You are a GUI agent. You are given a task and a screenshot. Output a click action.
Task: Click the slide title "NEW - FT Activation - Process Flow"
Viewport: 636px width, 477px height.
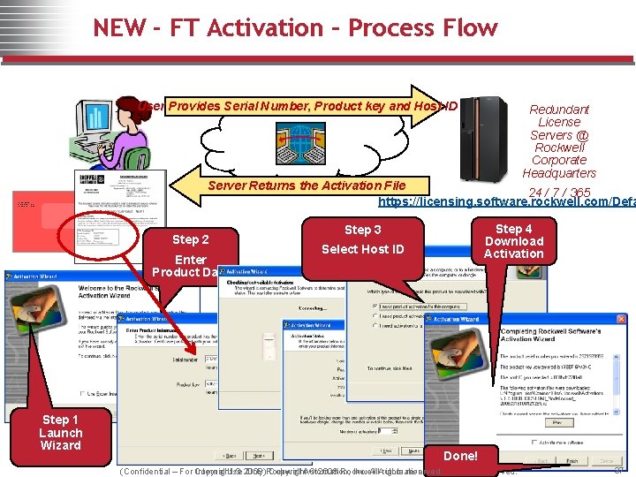tap(295, 27)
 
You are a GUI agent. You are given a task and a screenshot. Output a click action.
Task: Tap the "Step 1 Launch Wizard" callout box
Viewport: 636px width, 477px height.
tap(61, 433)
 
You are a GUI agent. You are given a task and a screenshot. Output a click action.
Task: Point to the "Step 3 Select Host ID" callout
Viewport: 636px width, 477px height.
tap(363, 240)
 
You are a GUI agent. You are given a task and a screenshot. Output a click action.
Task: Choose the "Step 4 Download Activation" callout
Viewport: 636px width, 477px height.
tap(513, 241)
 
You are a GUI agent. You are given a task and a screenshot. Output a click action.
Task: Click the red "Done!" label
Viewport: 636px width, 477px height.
tap(460, 456)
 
